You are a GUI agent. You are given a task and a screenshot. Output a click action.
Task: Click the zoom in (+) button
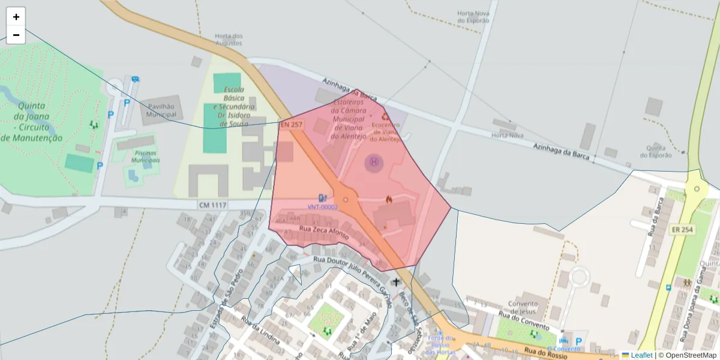[x=16, y=17]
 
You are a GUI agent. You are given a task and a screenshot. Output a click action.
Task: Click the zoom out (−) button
[x=16, y=35]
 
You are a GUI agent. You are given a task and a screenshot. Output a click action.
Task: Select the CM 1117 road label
[x=213, y=205]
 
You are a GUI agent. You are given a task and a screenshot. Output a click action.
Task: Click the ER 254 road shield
[x=682, y=230]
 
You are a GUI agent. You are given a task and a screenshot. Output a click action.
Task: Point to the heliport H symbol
[x=374, y=161]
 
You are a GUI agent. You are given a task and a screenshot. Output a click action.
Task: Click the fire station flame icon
[x=389, y=199]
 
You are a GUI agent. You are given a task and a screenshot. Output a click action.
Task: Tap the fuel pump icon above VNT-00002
[x=323, y=197]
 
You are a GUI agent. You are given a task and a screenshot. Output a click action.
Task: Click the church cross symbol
[x=395, y=281]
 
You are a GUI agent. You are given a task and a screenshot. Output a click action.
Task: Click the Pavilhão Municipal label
[x=161, y=110]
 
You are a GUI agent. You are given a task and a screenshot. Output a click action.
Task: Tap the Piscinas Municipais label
[x=146, y=158]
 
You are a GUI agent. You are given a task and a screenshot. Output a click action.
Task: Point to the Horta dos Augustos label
[x=229, y=40]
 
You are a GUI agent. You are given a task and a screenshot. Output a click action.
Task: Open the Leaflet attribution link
[x=641, y=355]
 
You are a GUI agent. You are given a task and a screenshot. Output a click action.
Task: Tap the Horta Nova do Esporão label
[x=473, y=16]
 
